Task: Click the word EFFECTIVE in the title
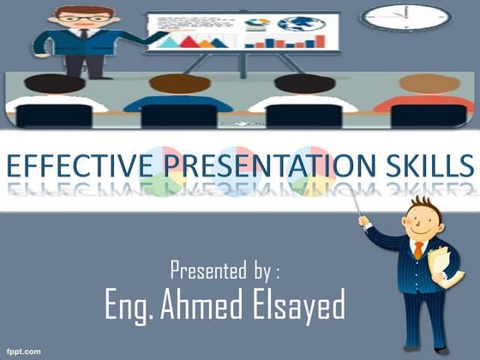[78, 165]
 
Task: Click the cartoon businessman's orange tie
[417, 249]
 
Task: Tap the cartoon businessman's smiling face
[420, 225]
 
